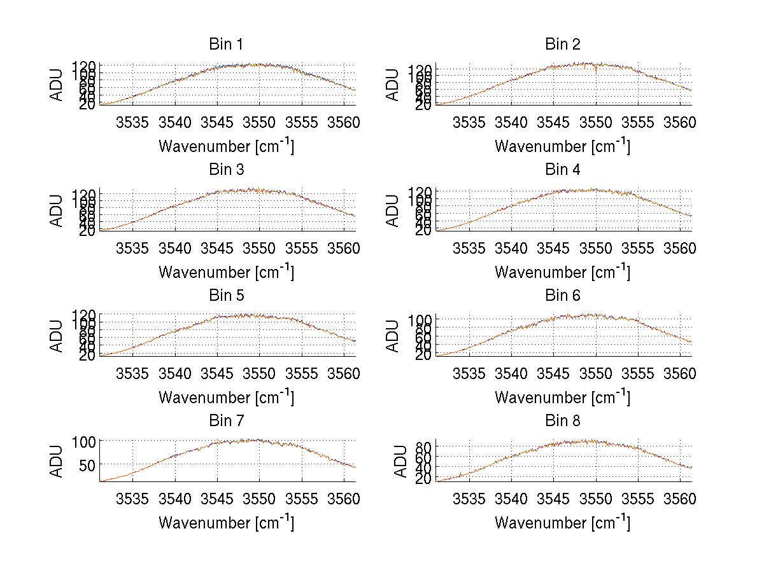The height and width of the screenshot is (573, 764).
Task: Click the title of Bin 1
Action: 226,45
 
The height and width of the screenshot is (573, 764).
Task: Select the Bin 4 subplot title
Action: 562,170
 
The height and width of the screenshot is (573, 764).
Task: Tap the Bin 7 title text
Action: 226,421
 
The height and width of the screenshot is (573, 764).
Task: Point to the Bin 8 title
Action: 562,421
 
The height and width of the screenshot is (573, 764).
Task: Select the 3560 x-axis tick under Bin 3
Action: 344,248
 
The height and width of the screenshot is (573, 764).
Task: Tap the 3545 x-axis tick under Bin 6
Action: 553,373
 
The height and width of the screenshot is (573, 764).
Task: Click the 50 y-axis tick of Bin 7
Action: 88,465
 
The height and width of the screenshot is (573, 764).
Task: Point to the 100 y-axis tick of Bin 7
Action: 85,441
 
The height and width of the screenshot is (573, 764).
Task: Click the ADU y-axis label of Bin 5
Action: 57,335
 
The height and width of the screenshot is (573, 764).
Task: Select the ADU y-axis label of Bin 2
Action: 393,85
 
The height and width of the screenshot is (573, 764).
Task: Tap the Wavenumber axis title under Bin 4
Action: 562,272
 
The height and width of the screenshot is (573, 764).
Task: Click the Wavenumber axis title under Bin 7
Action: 226,523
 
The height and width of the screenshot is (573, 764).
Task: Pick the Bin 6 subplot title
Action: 562,296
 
